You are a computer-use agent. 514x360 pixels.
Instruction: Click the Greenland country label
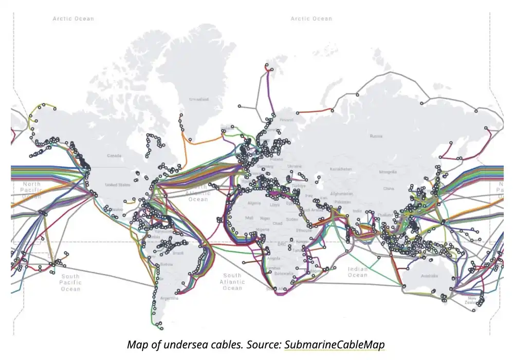tap(198, 100)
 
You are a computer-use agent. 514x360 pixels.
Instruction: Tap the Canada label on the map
tap(114, 156)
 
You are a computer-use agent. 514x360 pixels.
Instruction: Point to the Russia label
tap(376, 136)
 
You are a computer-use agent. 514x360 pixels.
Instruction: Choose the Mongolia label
tap(388, 172)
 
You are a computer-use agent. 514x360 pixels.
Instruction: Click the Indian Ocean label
tap(358, 272)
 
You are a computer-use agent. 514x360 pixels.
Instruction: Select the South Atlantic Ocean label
tap(232, 282)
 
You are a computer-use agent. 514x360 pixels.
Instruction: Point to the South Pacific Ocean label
tap(70, 282)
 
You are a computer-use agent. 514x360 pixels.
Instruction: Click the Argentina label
tap(170, 298)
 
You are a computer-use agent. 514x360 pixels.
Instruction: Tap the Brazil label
tap(178, 253)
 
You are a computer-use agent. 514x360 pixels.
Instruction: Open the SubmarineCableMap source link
tap(334, 345)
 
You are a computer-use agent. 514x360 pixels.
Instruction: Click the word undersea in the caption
tap(182, 345)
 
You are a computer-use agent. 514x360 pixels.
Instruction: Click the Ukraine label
tap(295, 166)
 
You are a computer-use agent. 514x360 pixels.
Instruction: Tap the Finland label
tap(286, 120)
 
